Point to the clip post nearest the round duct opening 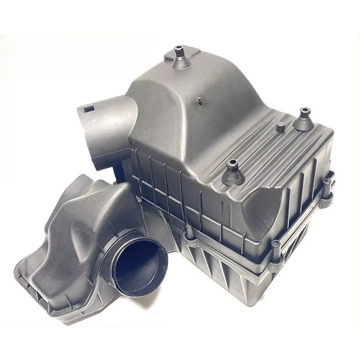point(187,236)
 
